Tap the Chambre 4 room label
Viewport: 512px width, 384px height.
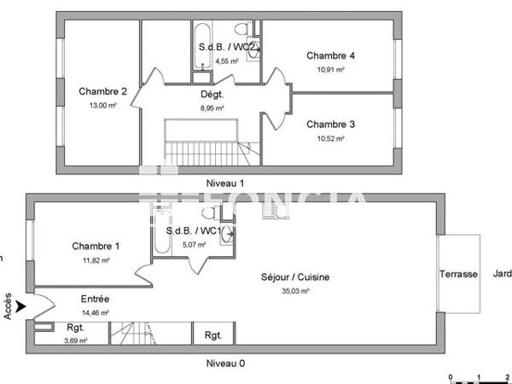[330, 56]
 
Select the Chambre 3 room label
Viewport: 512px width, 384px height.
[330, 124]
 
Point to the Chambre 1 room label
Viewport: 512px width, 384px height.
[96, 247]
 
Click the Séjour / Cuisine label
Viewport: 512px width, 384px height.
[295, 276]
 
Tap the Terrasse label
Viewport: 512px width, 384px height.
[458, 274]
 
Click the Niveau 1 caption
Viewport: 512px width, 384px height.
[225, 183]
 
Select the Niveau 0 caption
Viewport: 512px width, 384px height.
[225, 363]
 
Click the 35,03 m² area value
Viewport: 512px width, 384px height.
[295, 291]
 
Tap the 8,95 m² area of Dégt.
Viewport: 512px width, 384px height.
[212, 108]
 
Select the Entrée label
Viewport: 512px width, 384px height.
[95, 300]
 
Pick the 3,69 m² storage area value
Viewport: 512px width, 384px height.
[74, 340]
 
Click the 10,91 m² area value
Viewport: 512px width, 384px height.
[330, 70]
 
